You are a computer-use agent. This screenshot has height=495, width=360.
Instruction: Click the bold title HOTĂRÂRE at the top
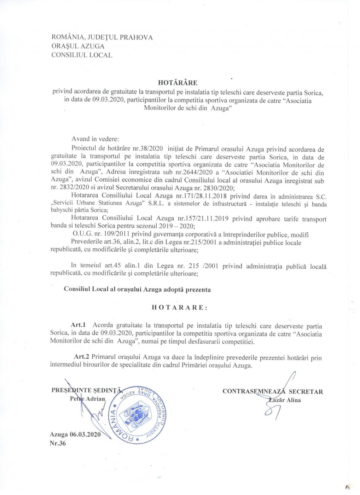pos(178,83)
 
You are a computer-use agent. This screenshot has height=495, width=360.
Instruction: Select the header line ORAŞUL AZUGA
pos(78,46)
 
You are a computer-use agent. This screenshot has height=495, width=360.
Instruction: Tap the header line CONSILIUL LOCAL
pos(82,55)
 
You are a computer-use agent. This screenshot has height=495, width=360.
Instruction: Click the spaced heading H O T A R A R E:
pos(179,308)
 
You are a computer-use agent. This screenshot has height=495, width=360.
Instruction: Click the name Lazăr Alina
pos(285,400)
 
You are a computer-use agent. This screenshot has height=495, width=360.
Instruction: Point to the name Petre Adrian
pos(88,399)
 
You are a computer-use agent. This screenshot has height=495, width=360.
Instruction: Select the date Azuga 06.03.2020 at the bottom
pos(75,435)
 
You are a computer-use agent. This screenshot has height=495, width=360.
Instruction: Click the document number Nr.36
pos(58,443)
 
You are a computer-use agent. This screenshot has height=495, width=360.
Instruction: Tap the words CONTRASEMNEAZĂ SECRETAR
pos(273,391)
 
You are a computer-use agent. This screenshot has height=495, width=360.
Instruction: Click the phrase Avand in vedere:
pos(95,139)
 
